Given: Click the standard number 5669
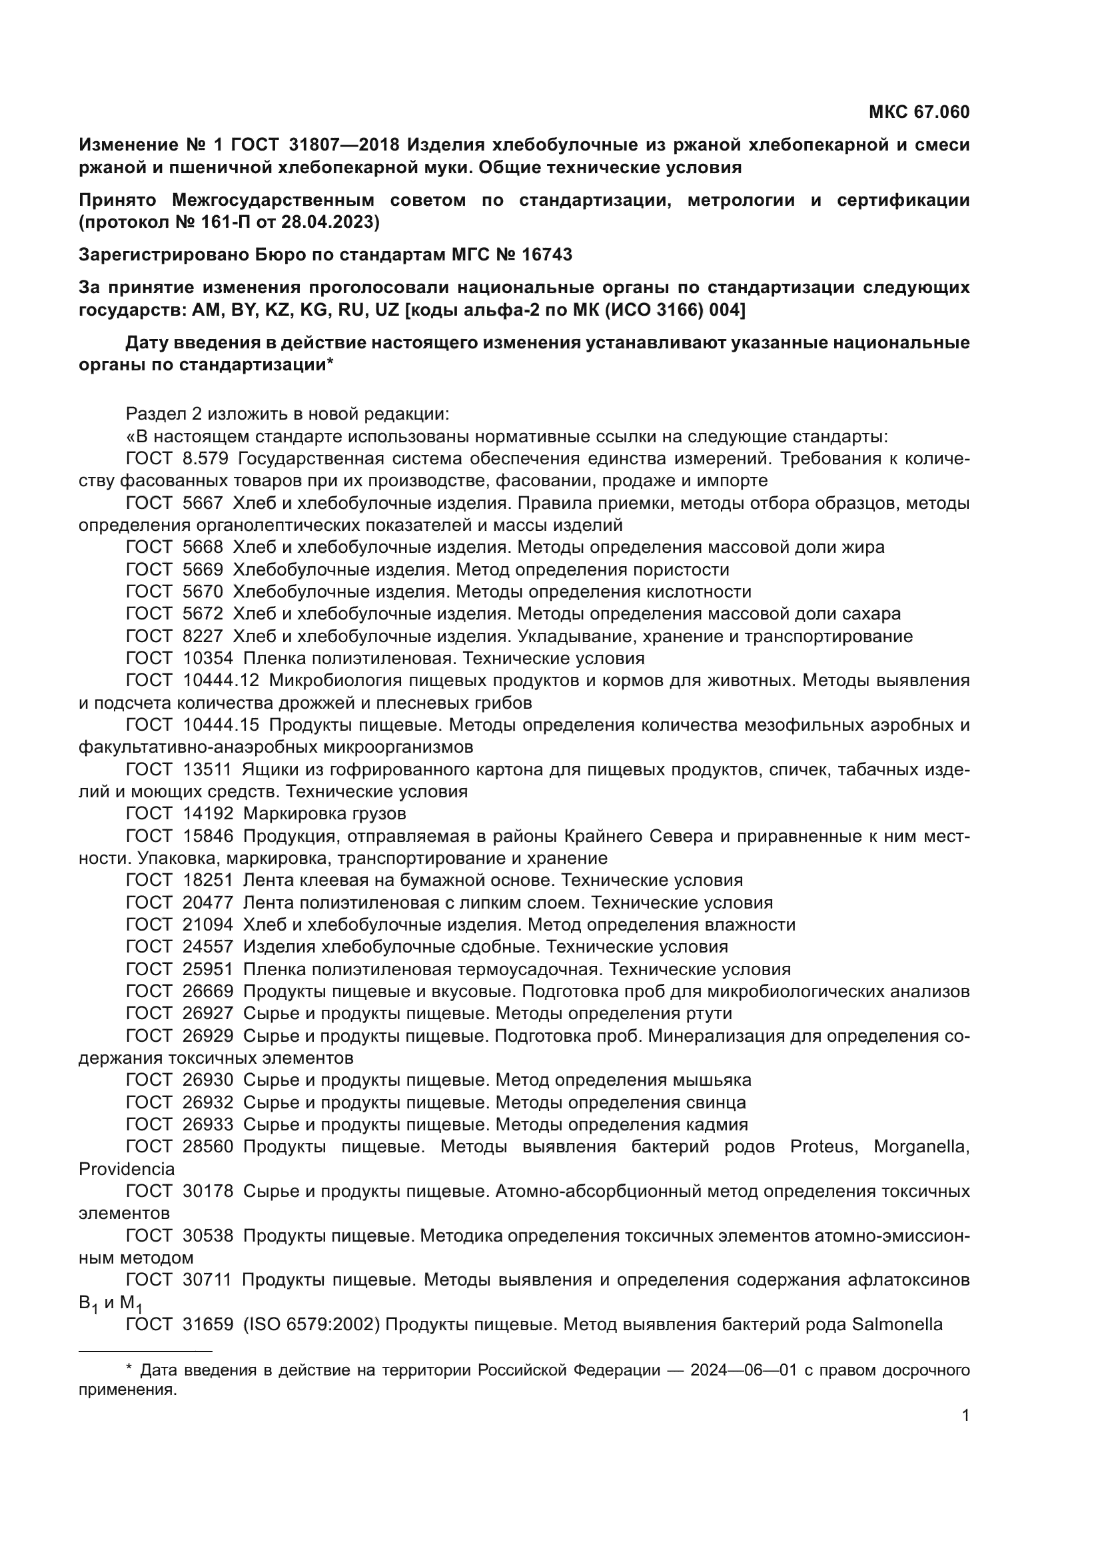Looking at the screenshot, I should click(203, 570).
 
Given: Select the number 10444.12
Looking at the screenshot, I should click(221, 680).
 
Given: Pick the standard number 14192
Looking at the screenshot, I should click(207, 813).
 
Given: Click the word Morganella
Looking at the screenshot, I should click(920, 1146).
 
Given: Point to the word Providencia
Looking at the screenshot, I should click(126, 1168).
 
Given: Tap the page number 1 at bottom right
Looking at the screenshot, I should click(965, 1415).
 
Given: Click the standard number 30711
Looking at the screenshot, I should click(207, 1280).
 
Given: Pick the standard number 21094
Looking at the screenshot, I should click(207, 925).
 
